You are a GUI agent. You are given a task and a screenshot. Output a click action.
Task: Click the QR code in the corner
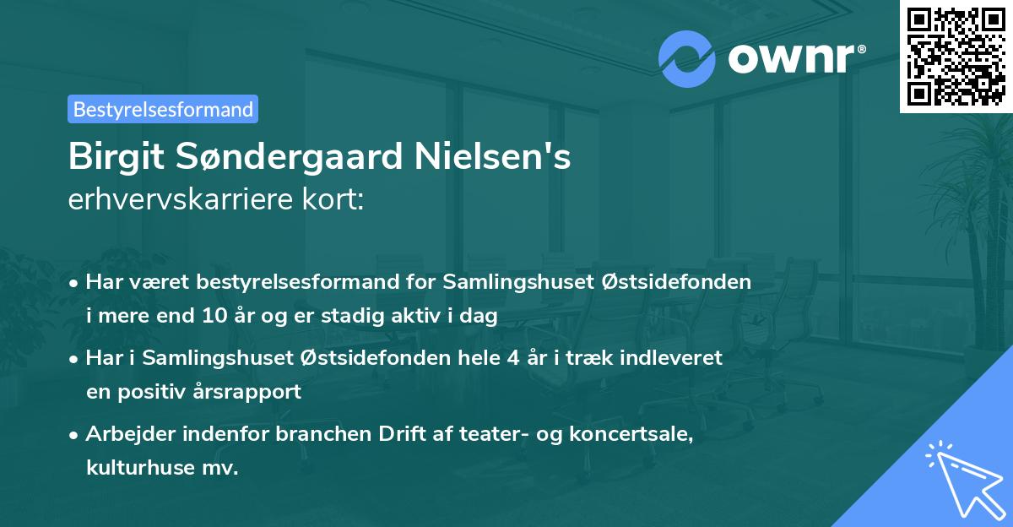pyautogui.click(x=956, y=56)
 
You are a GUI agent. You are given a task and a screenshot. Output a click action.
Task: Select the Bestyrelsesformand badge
pyautogui.click(x=163, y=109)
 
